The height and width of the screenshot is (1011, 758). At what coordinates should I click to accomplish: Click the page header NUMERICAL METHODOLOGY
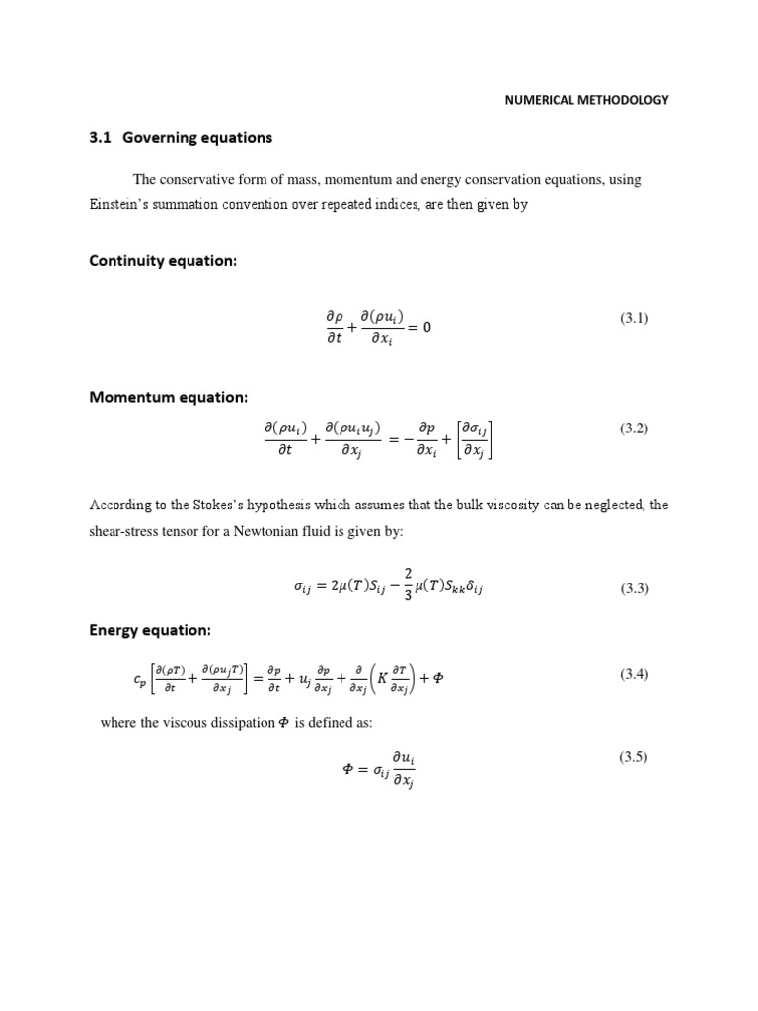(x=586, y=100)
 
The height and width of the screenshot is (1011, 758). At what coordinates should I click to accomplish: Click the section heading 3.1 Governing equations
(x=181, y=138)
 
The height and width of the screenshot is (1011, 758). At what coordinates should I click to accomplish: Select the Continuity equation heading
(x=164, y=261)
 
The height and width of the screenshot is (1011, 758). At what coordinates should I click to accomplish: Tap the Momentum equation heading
(x=169, y=397)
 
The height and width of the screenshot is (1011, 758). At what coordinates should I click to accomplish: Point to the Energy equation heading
(x=151, y=630)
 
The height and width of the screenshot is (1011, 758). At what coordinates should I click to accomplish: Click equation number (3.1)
(x=634, y=318)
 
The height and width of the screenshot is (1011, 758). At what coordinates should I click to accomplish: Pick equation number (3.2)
(x=634, y=428)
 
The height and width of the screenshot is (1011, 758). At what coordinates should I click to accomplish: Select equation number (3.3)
(x=634, y=589)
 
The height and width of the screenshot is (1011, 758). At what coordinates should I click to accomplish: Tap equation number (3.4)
(x=634, y=675)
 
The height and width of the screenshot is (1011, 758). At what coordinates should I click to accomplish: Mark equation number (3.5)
(x=634, y=758)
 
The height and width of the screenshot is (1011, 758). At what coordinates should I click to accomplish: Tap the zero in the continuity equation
(x=426, y=328)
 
